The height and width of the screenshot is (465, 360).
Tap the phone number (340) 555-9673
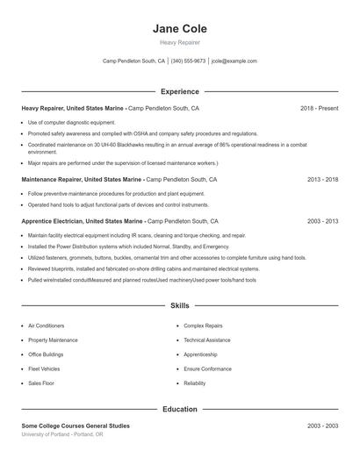(188, 61)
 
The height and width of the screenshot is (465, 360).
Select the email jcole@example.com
(234, 61)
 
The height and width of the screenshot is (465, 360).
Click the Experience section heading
(179, 91)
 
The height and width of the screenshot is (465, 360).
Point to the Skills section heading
(179, 306)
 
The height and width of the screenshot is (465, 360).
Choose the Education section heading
(179, 409)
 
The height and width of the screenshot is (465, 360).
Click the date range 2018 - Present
(319, 108)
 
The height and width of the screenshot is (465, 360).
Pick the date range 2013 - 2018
(323, 179)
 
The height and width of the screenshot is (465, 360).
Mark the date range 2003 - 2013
(323, 222)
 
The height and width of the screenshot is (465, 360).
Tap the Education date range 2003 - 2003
(323, 426)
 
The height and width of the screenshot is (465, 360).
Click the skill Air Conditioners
(46, 325)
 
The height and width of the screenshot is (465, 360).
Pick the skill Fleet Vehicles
(43, 368)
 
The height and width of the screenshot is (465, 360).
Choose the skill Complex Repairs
(203, 325)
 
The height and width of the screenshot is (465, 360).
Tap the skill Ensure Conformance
(207, 368)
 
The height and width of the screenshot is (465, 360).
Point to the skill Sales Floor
(41, 383)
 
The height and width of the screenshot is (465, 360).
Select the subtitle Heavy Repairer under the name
(179, 42)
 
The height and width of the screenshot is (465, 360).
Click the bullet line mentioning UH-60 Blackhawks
(167, 144)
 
